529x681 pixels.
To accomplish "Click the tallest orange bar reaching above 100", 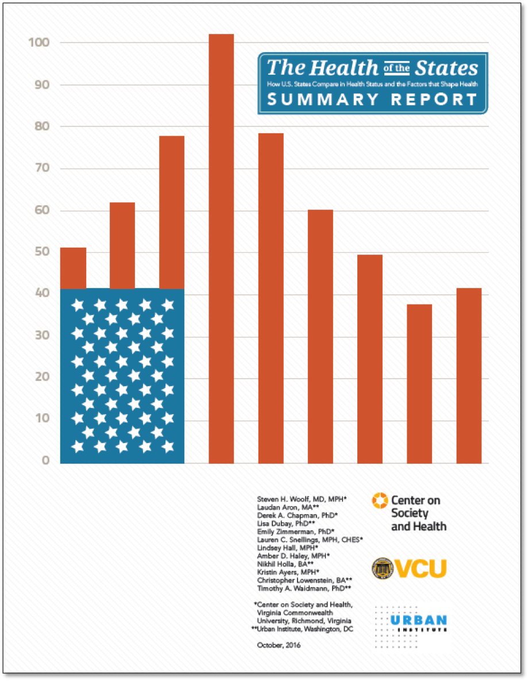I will pyautogui.click(x=221, y=247).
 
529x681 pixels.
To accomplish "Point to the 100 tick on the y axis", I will pyautogui.click(x=38, y=43).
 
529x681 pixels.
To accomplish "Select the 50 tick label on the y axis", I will pyautogui.click(x=38, y=253).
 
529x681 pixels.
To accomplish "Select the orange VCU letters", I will pyautogui.click(x=423, y=569).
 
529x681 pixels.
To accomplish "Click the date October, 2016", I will pyautogui.click(x=278, y=645).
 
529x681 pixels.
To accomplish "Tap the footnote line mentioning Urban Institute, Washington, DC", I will pyautogui.click(x=302, y=629).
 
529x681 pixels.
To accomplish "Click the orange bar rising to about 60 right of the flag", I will pyautogui.click(x=320, y=336).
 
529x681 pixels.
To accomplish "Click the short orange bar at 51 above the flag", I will pyautogui.click(x=74, y=268).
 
